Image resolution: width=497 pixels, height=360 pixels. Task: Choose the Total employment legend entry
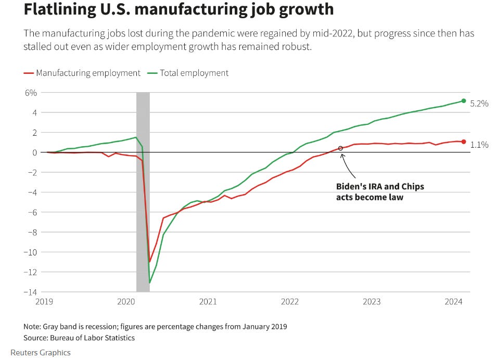190,73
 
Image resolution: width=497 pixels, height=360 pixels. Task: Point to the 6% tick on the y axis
31,93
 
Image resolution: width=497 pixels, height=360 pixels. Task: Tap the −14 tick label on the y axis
29,292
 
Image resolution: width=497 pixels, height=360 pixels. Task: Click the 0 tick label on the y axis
34,152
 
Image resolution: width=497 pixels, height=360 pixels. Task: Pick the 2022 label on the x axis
289,302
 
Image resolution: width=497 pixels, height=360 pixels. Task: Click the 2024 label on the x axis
454,302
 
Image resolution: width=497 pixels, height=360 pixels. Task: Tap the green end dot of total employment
464,101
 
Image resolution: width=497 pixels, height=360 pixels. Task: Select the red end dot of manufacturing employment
464,142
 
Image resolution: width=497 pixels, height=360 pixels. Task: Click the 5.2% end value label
479,104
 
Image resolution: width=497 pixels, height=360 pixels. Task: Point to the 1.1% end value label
479,145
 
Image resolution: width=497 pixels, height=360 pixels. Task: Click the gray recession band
143,208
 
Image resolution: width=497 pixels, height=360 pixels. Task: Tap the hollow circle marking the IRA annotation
341,148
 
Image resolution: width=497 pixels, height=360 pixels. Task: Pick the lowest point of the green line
150,283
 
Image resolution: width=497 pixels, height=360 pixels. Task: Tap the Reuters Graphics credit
40,353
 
